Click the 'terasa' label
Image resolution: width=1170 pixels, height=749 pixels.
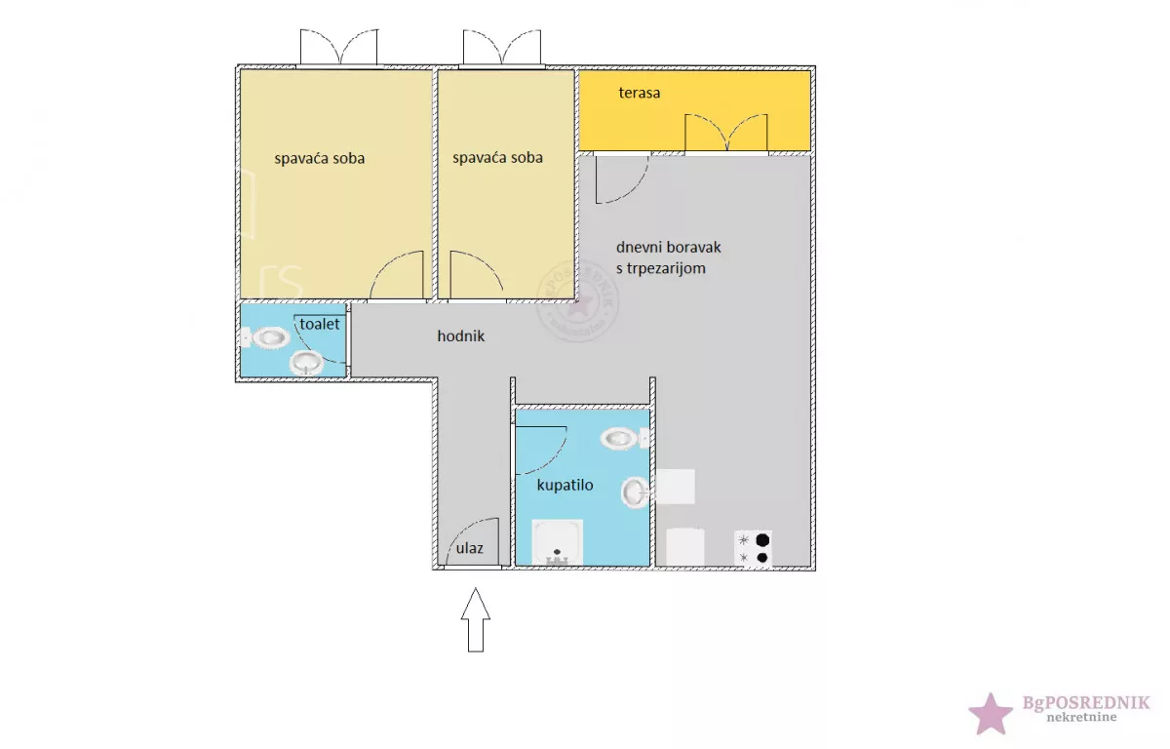[640, 93]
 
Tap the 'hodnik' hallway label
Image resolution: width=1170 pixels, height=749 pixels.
[460, 335]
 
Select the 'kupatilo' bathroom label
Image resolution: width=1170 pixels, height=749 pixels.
[565, 486]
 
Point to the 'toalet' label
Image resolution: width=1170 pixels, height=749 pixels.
[319, 325]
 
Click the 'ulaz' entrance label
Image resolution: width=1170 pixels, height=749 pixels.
[469, 548]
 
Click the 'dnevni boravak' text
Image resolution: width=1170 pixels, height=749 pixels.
[668, 247]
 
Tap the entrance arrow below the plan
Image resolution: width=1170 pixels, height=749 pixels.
[476, 620]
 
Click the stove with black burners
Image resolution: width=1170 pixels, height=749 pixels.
[753, 548]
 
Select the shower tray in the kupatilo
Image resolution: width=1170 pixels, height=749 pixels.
[558, 542]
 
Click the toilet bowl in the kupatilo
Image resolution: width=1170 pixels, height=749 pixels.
[625, 438]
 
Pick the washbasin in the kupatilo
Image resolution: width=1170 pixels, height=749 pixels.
[635, 493]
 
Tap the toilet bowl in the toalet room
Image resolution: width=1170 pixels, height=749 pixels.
[265, 337]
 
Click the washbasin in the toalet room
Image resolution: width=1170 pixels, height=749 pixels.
[306, 362]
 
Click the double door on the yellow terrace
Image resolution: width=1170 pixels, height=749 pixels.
[726, 135]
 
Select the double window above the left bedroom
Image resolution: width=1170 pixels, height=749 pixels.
[338, 48]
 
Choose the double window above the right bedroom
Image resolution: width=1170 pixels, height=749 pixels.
[502, 48]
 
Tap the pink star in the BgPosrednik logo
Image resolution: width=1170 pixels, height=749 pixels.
[991, 714]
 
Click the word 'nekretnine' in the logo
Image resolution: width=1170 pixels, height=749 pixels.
[1081, 717]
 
